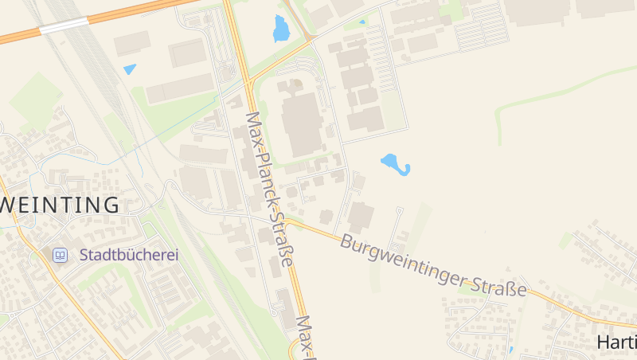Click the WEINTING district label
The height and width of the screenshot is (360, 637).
(x=60, y=205)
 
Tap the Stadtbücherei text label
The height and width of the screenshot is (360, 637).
(x=129, y=255)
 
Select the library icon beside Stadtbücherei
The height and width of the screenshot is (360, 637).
(x=61, y=255)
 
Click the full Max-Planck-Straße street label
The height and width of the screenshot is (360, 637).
(x=270, y=190)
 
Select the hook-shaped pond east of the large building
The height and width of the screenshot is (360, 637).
(x=395, y=164)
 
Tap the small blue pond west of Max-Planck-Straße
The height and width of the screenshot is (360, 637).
(x=130, y=69)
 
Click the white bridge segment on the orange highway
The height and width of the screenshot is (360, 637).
(x=64, y=26)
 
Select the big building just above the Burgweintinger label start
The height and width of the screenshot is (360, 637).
(x=360, y=217)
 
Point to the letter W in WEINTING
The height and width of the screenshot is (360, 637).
(x=10, y=205)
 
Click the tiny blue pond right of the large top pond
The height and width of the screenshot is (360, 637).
(x=362, y=22)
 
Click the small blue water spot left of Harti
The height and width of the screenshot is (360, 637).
(x=510, y=349)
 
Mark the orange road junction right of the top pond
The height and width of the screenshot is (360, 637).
(x=311, y=37)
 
